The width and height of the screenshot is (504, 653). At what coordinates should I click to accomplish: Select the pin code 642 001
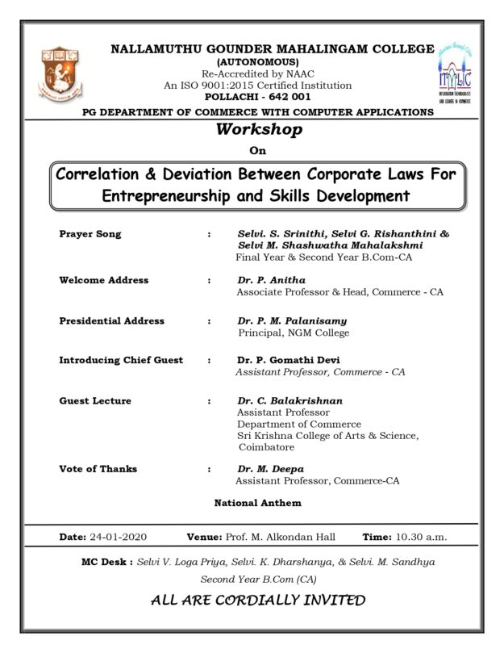(x=288, y=97)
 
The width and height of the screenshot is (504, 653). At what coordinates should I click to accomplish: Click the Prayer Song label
(x=90, y=234)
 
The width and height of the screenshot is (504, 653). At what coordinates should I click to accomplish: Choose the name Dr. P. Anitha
(x=272, y=280)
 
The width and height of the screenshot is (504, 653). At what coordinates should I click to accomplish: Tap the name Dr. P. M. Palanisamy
(x=293, y=320)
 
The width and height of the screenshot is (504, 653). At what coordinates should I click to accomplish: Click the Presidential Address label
(x=111, y=320)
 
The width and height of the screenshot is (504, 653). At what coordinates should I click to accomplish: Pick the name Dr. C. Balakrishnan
(x=289, y=400)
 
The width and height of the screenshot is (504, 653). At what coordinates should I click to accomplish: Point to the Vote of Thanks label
(x=98, y=468)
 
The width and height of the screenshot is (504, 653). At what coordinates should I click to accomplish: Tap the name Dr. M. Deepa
(x=270, y=468)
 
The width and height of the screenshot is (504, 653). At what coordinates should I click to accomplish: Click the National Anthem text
(x=257, y=503)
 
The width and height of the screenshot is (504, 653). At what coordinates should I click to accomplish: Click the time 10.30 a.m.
(x=421, y=537)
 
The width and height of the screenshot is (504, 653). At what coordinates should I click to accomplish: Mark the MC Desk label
(x=106, y=561)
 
